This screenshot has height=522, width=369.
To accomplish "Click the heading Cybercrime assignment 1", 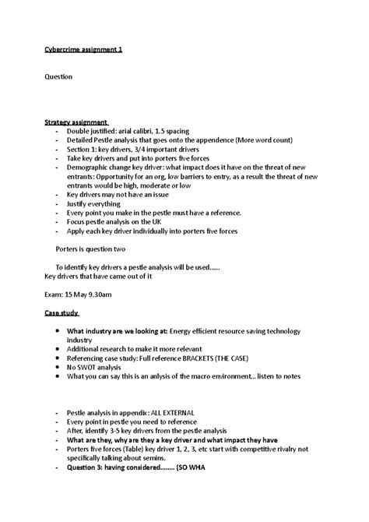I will pos(83,50).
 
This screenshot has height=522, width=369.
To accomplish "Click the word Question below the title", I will pos(58,77).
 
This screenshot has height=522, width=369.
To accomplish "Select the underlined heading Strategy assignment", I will pos(76,122).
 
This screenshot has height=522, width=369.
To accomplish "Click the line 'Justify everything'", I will pos(97,203).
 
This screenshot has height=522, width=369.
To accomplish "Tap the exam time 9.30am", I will pos(106,295).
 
